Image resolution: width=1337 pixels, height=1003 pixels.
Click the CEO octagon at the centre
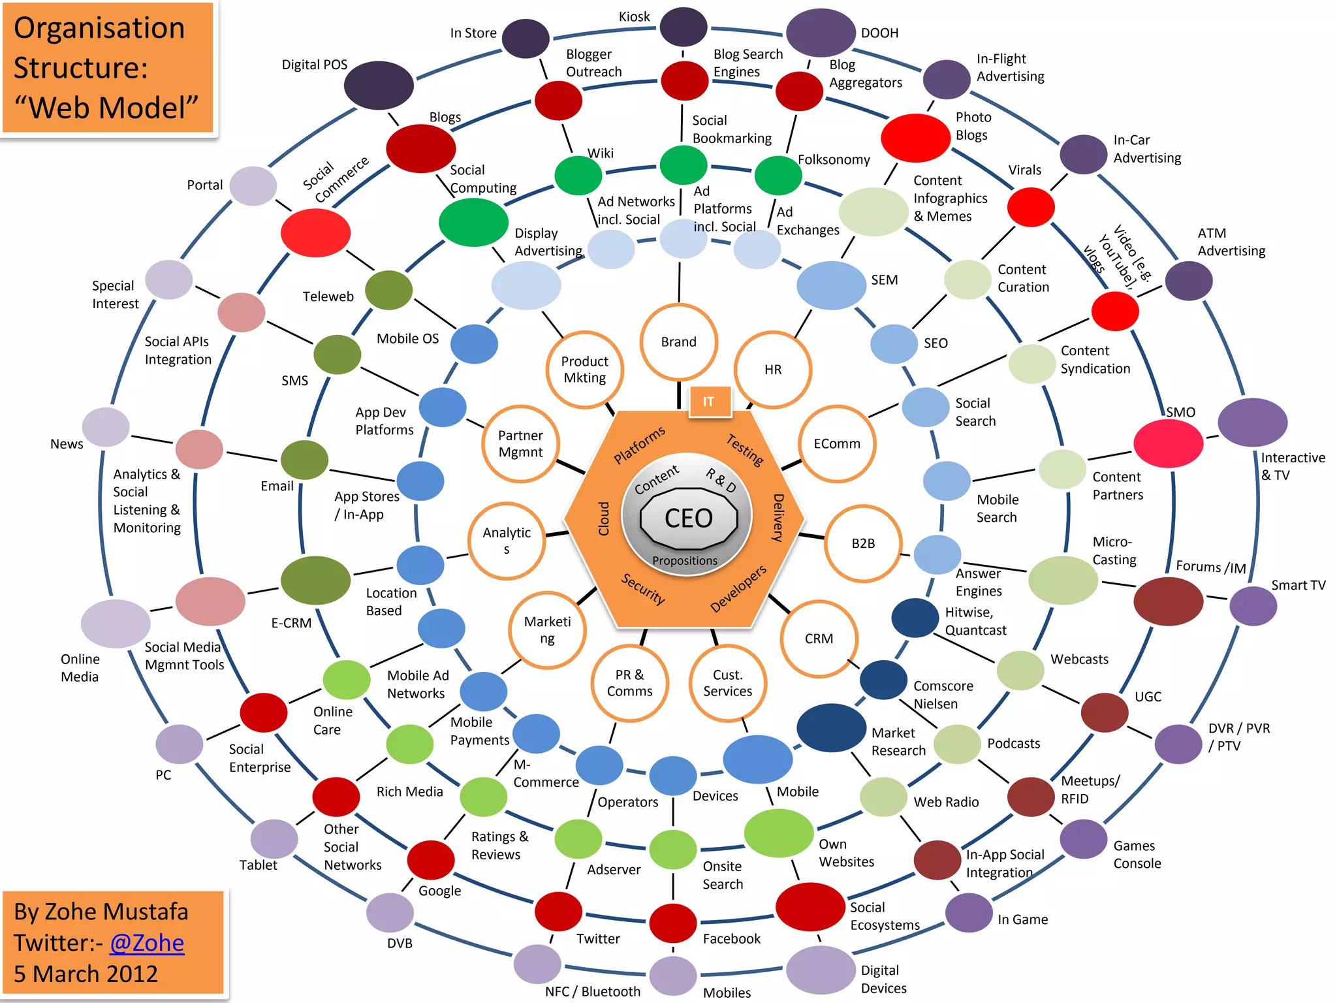point(688,518)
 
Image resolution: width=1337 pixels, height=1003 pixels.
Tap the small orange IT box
point(709,402)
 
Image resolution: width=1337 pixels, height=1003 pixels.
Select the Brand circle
point(679,342)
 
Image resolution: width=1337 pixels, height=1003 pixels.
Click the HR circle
point(773,370)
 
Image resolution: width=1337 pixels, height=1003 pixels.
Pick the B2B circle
point(863,543)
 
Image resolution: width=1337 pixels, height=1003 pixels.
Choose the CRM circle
point(819,639)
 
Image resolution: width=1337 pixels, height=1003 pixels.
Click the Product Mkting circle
point(585,370)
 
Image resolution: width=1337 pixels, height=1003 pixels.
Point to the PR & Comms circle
point(629,683)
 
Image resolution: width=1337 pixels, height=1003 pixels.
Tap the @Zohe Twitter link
point(147,943)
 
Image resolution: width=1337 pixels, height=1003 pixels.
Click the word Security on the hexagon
point(643,588)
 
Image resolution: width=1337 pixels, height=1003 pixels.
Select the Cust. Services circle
point(727,683)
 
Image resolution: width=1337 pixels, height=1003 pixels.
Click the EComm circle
point(837,444)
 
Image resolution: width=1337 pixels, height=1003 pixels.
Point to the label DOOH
point(879,33)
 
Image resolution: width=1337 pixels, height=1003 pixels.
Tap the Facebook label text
point(731,939)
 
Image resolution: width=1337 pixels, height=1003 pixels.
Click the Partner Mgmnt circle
point(520,444)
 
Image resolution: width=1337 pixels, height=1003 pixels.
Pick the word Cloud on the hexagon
point(604,518)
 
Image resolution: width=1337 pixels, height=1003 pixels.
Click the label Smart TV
point(1298,585)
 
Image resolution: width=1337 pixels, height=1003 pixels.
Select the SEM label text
point(884,280)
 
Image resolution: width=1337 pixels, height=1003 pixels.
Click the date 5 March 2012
point(86,974)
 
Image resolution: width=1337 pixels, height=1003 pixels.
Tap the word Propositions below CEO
point(684,561)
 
